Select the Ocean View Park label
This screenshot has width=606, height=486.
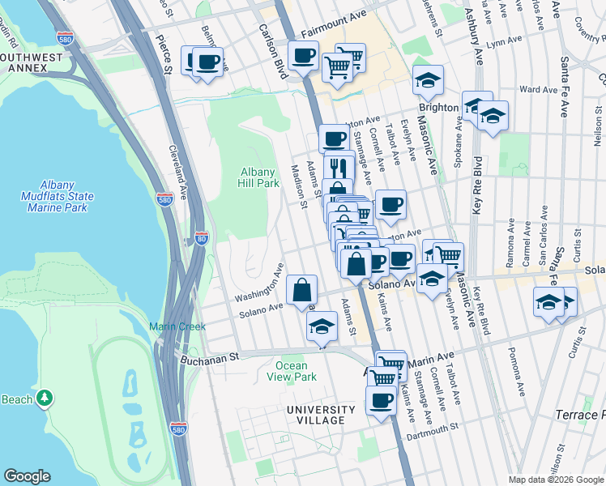click(290, 371)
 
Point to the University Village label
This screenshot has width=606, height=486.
click(321, 415)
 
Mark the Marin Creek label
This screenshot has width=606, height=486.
click(169, 327)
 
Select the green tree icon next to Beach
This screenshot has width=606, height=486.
click(46, 399)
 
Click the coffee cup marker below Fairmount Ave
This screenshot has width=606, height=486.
click(303, 57)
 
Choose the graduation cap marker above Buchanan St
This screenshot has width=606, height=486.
click(322, 327)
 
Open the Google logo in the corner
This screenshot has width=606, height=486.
click(27, 475)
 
